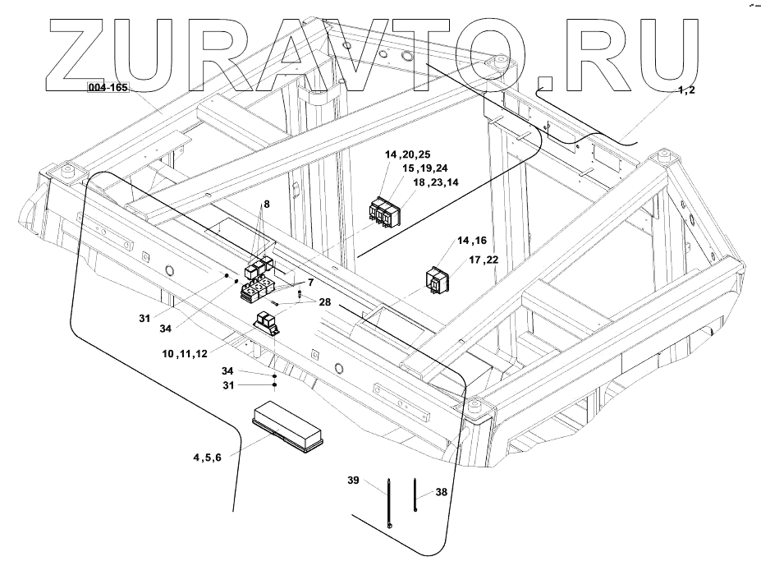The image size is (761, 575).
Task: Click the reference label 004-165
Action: click(x=108, y=87)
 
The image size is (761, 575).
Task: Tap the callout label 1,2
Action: click(x=686, y=90)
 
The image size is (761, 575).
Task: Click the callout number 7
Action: click(x=311, y=282)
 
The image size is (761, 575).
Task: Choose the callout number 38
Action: click(x=441, y=494)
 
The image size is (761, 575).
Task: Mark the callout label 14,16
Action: click(x=472, y=241)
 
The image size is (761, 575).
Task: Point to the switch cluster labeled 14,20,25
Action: click(x=383, y=211)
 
